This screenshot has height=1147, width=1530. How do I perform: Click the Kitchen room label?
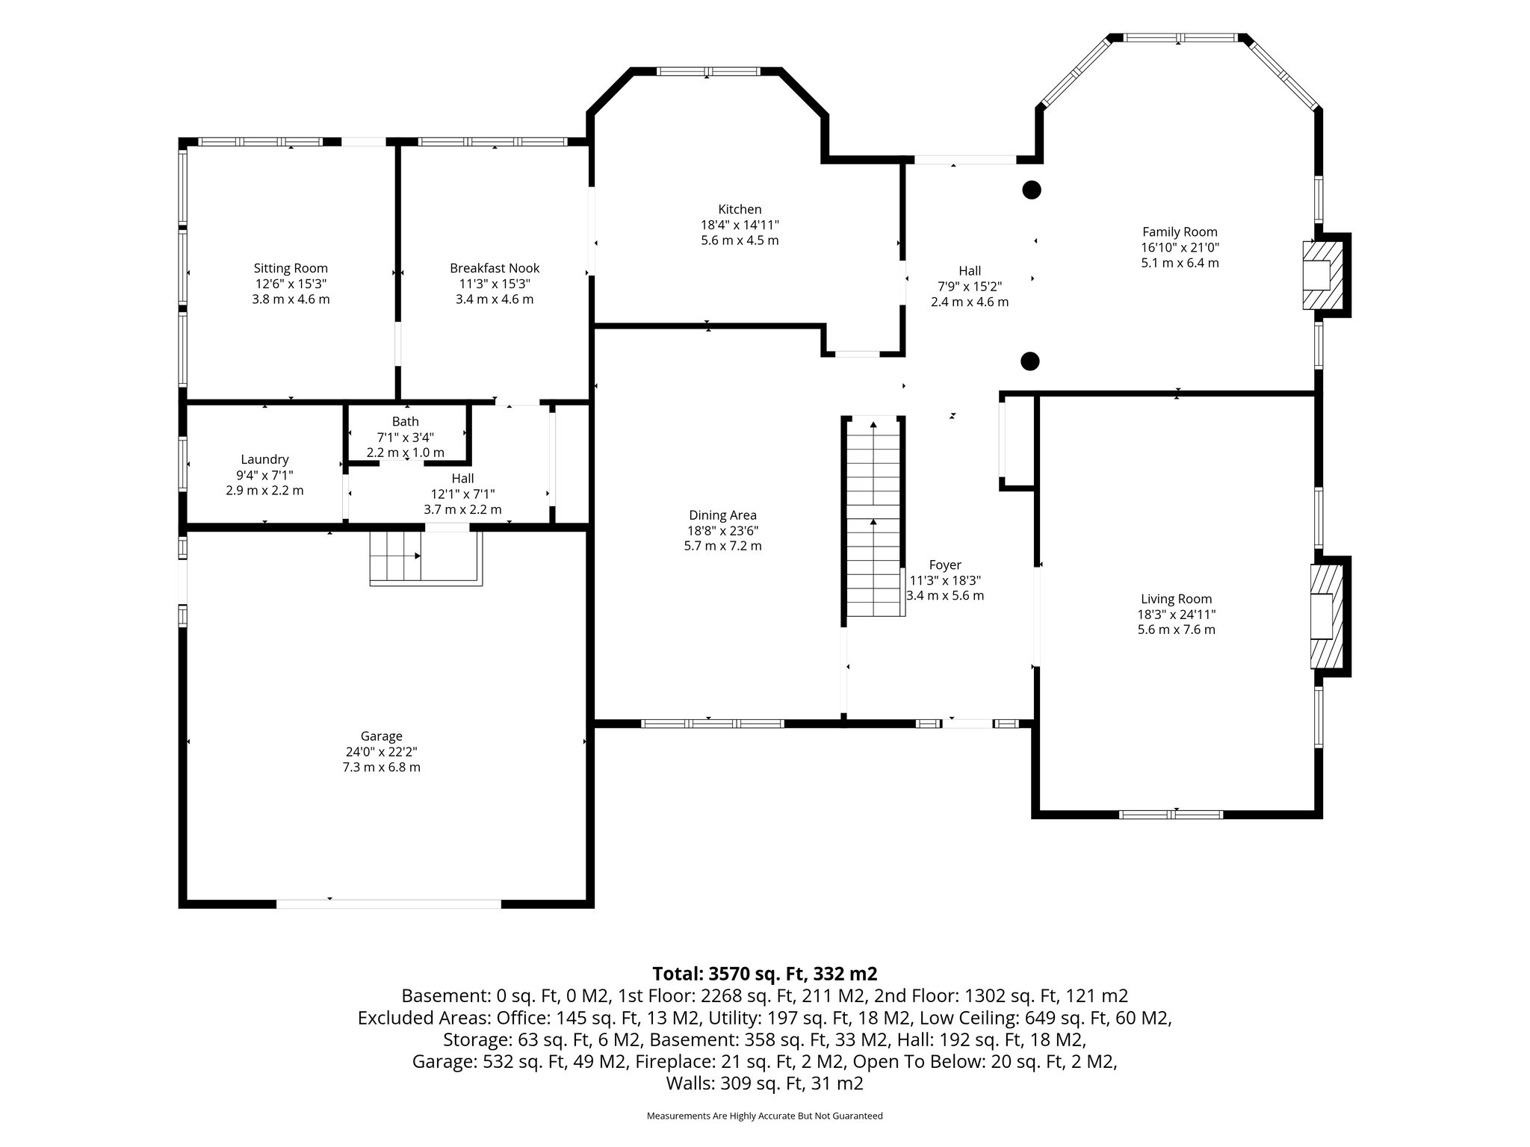point(740,209)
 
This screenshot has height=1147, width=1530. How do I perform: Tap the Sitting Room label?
point(291,268)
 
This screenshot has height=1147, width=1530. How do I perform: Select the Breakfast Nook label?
point(495,268)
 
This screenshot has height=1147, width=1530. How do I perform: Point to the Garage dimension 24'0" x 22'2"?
point(381,751)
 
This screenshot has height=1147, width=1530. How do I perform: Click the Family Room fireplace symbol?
point(1322,275)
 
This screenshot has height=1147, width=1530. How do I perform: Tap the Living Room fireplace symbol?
point(1327,616)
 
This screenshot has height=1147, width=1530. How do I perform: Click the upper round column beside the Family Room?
point(1032,190)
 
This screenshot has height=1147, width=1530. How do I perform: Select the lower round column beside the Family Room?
point(1030,361)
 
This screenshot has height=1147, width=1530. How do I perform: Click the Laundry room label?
point(264,459)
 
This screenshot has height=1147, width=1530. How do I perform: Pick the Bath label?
point(406,421)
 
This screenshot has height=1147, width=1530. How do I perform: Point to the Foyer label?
point(945,565)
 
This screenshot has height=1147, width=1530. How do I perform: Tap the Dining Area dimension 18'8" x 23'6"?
point(723,530)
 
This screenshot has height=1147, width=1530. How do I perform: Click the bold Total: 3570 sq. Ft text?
point(765,974)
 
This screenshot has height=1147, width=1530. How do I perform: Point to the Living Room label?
point(1177,598)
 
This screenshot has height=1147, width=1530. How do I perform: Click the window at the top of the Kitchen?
point(708,72)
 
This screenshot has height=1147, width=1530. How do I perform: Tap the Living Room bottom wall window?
point(1171,814)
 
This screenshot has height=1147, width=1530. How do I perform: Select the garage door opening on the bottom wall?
point(388,904)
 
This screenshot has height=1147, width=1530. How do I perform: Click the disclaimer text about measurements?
point(765,1116)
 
